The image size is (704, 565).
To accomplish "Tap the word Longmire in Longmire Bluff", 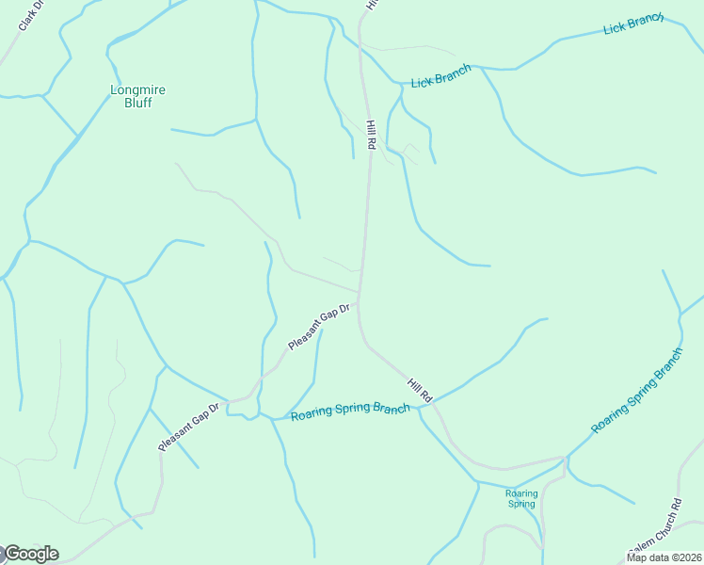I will (x=137, y=90).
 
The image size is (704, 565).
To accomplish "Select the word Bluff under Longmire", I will (x=137, y=103).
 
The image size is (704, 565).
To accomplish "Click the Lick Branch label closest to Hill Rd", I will (x=440, y=77).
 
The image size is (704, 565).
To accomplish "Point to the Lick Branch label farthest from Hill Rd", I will (x=633, y=24).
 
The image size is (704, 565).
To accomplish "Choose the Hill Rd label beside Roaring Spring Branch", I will (x=419, y=391).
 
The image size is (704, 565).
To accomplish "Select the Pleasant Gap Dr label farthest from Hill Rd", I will (x=188, y=427).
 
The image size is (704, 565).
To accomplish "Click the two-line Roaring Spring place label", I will (x=520, y=498).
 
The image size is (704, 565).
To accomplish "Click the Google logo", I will (x=30, y=554).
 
